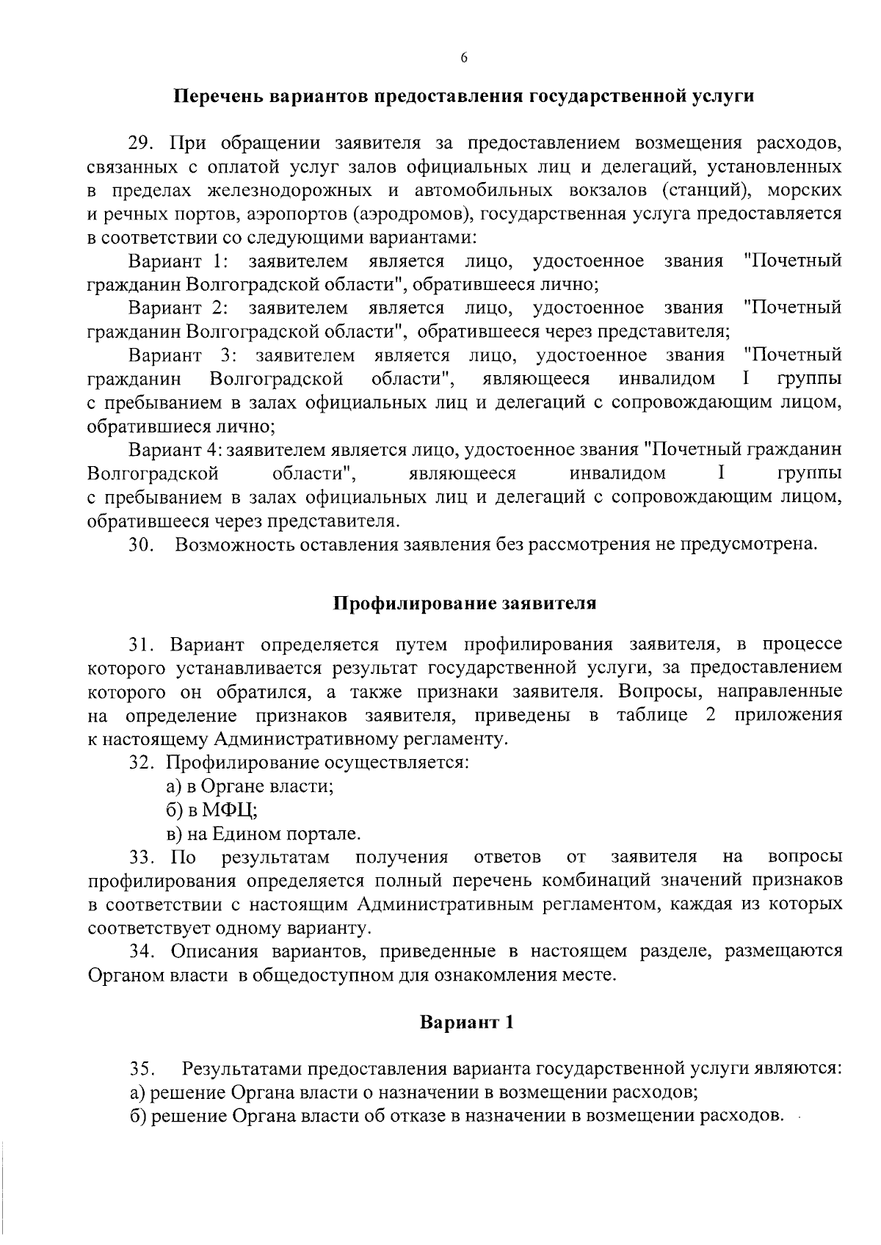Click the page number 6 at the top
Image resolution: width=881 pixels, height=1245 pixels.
coord(464,59)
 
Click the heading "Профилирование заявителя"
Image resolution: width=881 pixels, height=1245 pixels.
coord(465,603)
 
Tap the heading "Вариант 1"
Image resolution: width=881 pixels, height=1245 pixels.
coord(466,1022)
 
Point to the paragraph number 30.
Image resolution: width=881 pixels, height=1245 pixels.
coord(141,545)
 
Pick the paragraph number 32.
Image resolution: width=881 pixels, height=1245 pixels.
coord(141,762)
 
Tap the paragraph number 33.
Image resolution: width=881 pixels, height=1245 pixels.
coord(141,857)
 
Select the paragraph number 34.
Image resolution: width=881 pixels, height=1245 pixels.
coord(141,951)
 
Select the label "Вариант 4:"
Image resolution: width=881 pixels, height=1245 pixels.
coord(175,449)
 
